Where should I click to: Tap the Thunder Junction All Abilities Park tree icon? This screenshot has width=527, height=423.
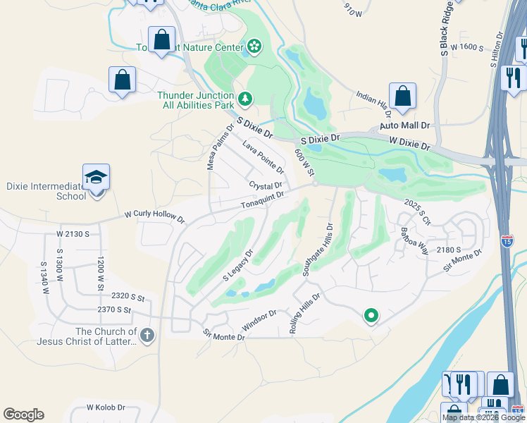(245, 99)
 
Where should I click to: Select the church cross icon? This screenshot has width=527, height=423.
(147, 335)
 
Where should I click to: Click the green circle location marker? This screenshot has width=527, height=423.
(371, 316)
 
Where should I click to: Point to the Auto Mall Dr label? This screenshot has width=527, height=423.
(404, 125)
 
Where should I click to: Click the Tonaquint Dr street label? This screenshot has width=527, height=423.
(263, 200)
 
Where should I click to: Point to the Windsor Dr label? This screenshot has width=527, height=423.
(259, 319)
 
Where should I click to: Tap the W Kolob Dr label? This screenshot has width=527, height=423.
(106, 407)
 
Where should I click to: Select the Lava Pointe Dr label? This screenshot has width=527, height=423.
(263, 157)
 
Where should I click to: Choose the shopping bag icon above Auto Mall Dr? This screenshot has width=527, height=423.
(402, 97)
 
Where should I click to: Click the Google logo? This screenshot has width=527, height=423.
(24, 415)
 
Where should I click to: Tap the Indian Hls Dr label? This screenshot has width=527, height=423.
(373, 104)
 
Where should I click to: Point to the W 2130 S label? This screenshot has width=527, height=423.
(74, 233)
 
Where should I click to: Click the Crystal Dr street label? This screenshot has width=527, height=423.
(266, 185)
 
